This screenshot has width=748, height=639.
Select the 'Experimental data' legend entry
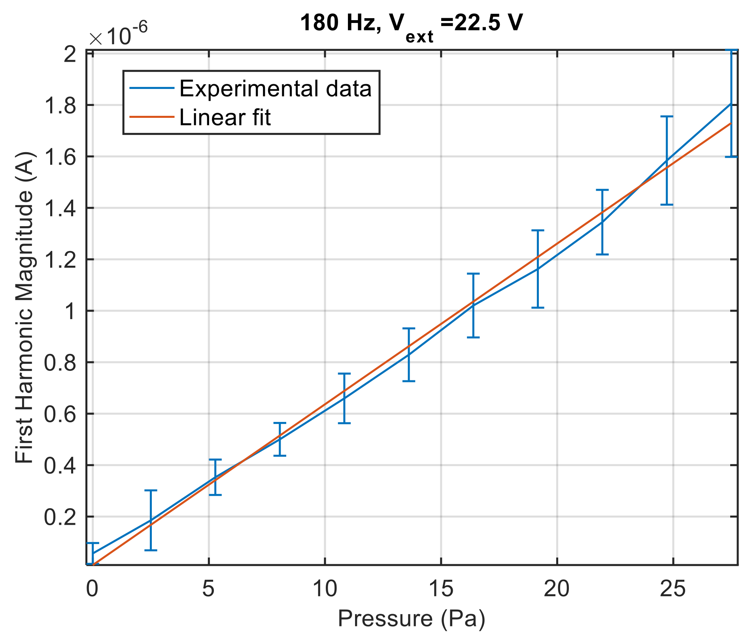click(x=275, y=89)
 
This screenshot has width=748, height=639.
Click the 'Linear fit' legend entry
click(x=225, y=117)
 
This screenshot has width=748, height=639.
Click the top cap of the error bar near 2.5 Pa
click(x=151, y=490)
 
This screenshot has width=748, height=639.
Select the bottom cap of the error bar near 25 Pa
click(x=667, y=204)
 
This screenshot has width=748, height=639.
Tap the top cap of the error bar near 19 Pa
click(x=538, y=230)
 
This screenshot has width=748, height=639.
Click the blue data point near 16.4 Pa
click(x=473, y=305)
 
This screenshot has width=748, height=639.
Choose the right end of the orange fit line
click(x=731, y=123)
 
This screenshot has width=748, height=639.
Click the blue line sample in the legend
click(x=152, y=89)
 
